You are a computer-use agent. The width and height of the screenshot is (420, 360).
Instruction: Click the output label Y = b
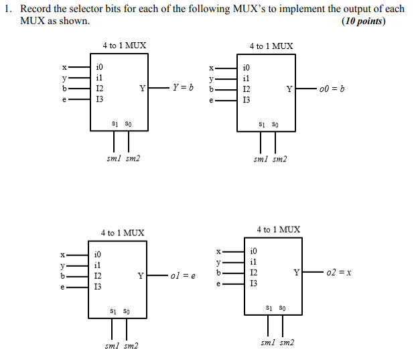[x=183, y=88]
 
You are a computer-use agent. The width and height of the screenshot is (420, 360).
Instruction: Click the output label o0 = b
[x=332, y=88]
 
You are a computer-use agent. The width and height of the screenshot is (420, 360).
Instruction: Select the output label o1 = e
[x=183, y=276]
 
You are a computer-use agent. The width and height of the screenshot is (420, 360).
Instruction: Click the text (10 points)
[x=364, y=21]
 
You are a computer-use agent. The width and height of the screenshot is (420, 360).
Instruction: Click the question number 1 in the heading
[x=7, y=9]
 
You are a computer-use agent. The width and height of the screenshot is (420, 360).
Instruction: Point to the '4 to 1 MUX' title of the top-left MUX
[x=124, y=46]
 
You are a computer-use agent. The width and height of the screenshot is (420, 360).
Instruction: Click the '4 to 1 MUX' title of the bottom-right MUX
[x=278, y=229]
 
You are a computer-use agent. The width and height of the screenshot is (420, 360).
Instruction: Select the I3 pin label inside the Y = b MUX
[x=100, y=99]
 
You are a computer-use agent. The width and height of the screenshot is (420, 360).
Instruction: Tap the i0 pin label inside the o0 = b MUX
[x=247, y=68]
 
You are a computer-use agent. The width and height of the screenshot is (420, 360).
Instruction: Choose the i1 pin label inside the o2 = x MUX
[x=253, y=261]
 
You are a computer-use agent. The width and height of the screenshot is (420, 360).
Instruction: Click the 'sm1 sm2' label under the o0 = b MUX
[x=270, y=159]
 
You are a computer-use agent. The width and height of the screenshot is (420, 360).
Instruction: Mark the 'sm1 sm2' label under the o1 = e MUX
[x=122, y=346]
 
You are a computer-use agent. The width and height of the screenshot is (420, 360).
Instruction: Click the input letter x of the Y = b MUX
[x=64, y=67]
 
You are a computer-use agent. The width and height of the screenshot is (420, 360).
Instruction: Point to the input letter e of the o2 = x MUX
[x=218, y=284]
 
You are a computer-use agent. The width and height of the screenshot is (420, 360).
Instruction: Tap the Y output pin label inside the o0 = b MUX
[x=289, y=88]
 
